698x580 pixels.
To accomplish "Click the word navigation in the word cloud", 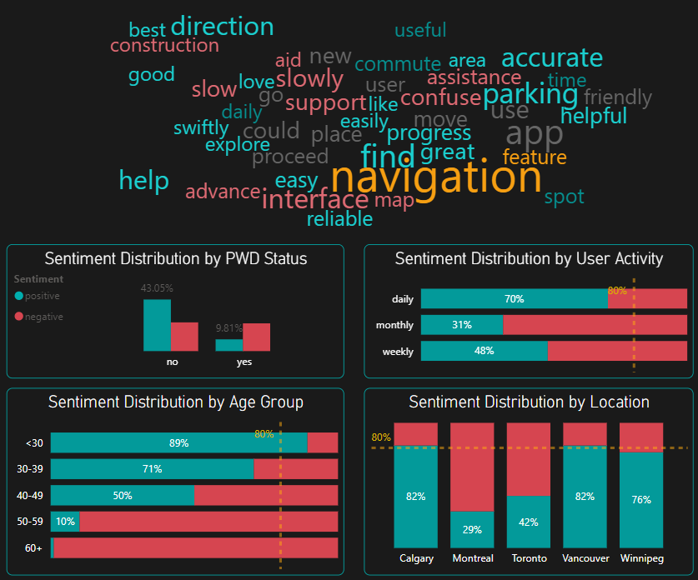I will (436, 177).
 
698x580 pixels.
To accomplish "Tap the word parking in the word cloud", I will (530, 95).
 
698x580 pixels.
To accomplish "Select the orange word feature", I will (535, 157).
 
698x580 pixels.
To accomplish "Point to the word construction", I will (164, 45).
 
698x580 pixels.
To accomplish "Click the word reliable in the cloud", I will (339, 219).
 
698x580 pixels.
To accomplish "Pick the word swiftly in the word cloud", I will (201, 128).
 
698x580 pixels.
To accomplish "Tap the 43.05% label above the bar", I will (157, 288).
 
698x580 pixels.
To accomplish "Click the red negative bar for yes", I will (257, 337).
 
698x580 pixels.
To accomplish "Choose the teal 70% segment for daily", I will (514, 299).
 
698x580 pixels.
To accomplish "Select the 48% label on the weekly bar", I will (484, 351).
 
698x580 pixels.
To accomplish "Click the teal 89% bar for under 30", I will (178, 442).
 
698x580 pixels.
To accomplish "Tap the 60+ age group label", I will (33, 548).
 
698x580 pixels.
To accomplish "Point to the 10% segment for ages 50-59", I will (65, 522).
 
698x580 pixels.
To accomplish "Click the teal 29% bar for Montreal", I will (473, 529).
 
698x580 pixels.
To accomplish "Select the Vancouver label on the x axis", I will (585, 558).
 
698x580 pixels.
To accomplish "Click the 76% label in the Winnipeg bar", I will (641, 500).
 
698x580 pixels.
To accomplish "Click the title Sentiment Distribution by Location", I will (529, 402).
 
